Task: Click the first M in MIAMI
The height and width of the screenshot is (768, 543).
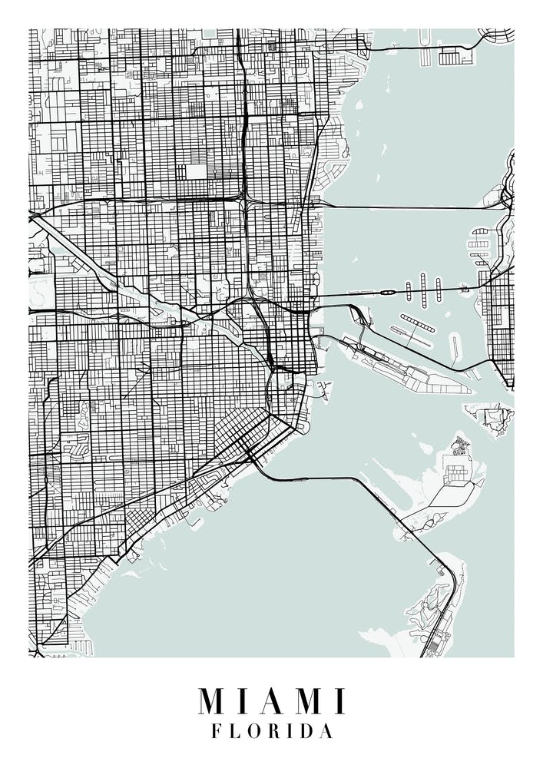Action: [213, 700]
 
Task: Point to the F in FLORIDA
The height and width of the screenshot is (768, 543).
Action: [216, 732]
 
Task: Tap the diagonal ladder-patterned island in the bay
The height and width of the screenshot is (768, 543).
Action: [417, 323]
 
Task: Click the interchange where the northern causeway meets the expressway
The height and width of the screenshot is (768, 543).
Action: [246, 201]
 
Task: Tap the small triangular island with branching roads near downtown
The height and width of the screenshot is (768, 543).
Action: [323, 389]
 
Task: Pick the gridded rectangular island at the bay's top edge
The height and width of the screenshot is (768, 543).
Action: [458, 55]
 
